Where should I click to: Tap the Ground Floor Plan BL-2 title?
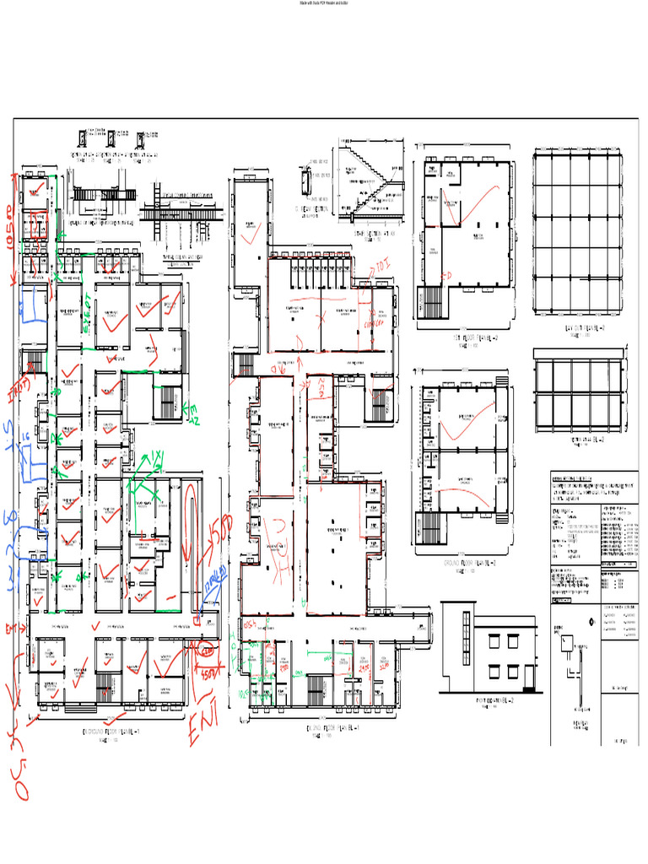462,560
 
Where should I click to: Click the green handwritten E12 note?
192,413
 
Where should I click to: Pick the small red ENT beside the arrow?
13,629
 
